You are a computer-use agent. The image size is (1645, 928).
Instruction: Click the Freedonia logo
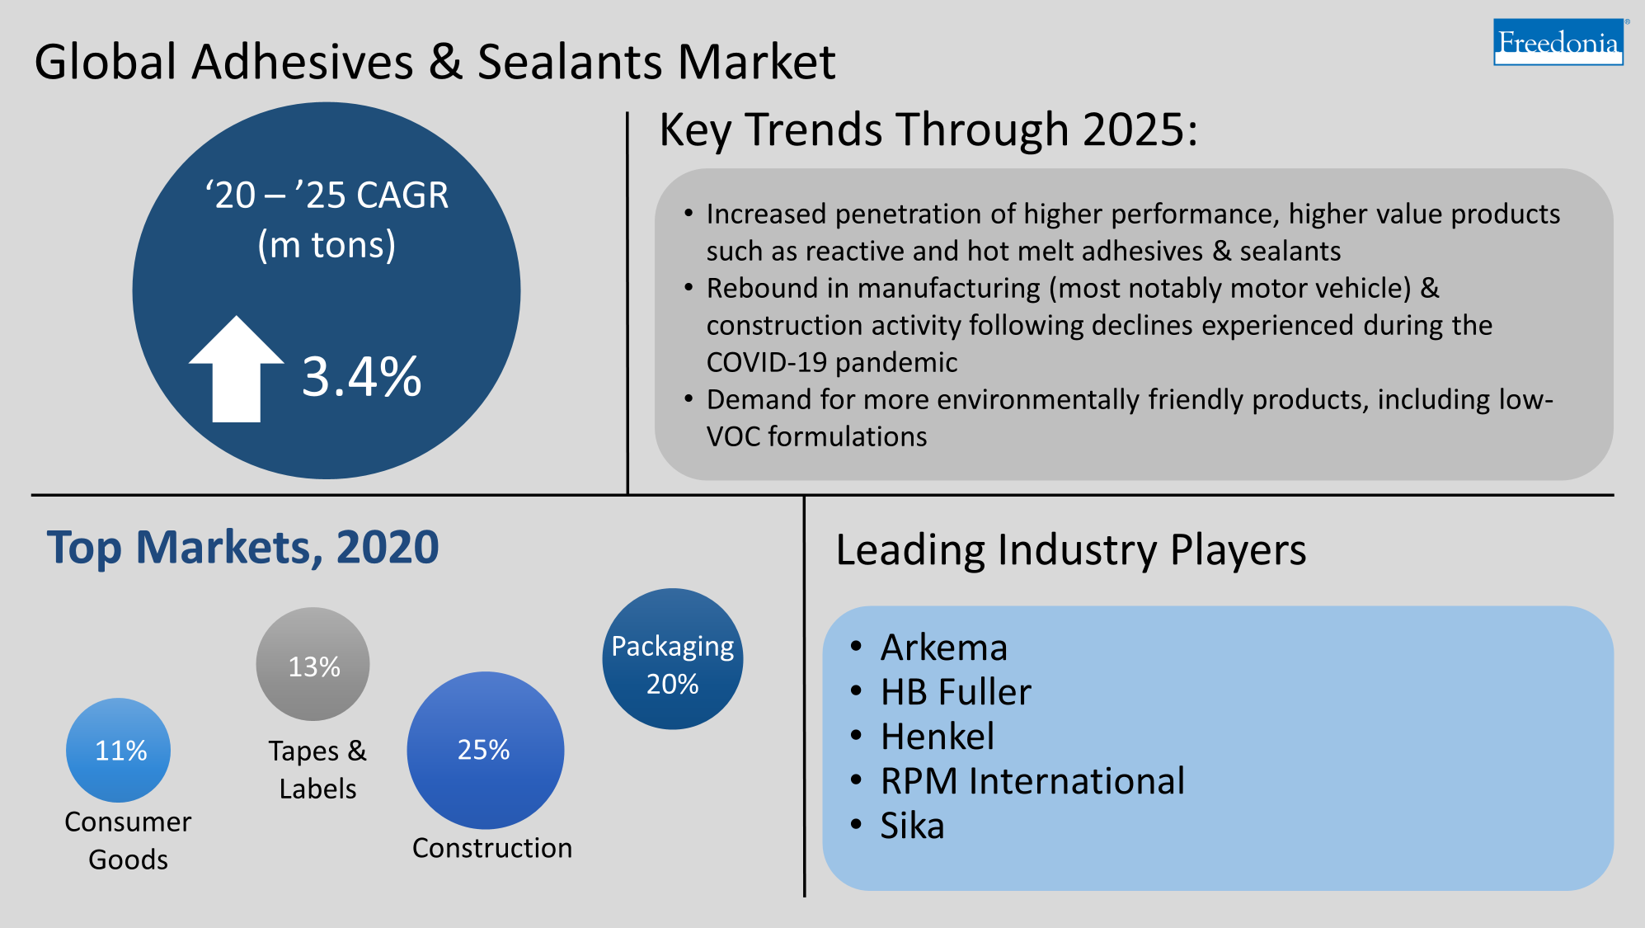pos(1558,42)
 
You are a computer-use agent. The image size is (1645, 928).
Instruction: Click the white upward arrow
pos(237,371)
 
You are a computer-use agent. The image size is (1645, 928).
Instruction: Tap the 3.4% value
pos(361,378)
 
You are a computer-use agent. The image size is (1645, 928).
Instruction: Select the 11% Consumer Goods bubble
pos(119,750)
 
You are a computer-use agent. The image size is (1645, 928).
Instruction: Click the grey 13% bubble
pos(313,665)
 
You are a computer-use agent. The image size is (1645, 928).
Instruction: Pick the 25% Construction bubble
pos(485,750)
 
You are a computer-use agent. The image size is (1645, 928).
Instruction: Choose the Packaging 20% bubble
pos(672,659)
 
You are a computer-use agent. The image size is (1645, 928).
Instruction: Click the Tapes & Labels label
pos(317,770)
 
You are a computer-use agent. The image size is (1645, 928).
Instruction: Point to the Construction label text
pos(491,848)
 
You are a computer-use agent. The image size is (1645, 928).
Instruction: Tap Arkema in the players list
pos(943,648)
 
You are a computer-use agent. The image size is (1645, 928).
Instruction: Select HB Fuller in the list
pos(955,692)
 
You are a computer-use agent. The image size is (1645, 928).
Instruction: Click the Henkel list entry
pos(937,737)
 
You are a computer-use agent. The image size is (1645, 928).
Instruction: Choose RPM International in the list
pos(1032,781)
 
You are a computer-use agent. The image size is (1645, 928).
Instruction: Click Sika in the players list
pos(911,826)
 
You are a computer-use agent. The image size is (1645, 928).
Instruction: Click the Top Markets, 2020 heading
pos(242,548)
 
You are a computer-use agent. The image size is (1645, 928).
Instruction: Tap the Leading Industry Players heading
pos(1070,550)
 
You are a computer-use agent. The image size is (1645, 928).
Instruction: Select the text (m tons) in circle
pos(327,245)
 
